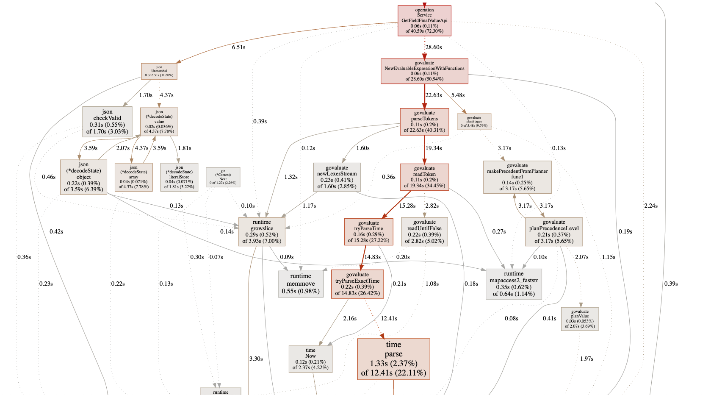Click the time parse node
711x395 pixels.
point(393,359)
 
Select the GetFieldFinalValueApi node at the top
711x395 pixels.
point(424,21)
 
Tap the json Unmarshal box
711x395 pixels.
point(159,71)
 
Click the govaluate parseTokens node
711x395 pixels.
point(424,122)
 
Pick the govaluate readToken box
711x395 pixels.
point(424,177)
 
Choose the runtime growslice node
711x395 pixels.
point(262,231)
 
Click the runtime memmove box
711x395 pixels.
point(301,284)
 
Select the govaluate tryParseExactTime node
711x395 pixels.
point(357,284)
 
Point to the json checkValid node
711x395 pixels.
point(107,122)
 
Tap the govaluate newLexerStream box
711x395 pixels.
point(337,177)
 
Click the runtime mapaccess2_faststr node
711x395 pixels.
point(514,284)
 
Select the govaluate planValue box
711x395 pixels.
point(580,319)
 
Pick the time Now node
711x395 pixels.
point(310,359)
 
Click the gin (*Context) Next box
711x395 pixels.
point(223,177)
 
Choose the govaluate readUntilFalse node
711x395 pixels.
point(424,231)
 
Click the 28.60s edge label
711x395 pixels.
point(434,47)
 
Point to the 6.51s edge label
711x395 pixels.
point(238,47)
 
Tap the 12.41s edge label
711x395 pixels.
point(389,318)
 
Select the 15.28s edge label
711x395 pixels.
point(407,206)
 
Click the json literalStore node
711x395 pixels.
point(179,177)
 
